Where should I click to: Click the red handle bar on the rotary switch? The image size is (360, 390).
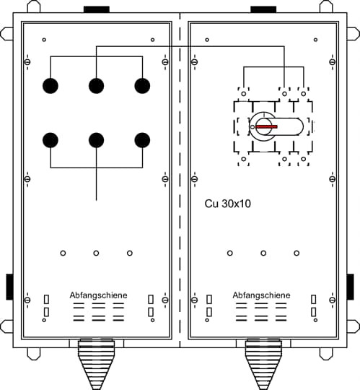click(x=266, y=126)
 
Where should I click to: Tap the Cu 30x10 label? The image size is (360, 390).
click(x=227, y=204)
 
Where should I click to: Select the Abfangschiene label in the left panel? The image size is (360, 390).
click(x=98, y=295)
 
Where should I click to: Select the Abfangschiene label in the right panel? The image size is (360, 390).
click(x=261, y=295)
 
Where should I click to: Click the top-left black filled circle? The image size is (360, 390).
click(x=51, y=86)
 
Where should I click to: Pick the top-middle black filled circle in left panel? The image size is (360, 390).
click(x=97, y=86)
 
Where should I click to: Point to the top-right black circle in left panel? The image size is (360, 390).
click(x=142, y=86)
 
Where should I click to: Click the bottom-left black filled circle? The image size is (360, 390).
click(x=51, y=140)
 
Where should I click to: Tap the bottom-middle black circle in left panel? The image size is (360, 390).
click(x=97, y=140)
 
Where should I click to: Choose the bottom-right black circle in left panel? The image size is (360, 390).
click(x=142, y=140)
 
